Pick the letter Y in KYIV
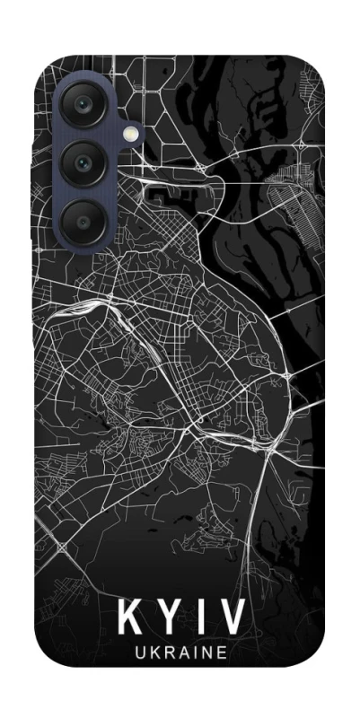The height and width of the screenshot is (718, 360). point(169,619)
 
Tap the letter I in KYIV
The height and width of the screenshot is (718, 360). point(200,619)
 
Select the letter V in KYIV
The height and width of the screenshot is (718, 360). point(232,619)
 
